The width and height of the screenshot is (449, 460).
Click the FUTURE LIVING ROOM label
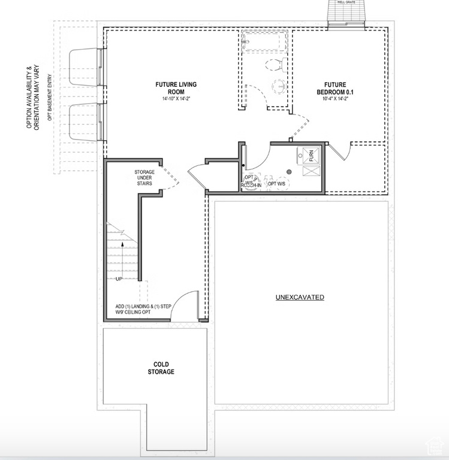tap(176, 88)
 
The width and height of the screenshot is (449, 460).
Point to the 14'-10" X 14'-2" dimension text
tap(176, 99)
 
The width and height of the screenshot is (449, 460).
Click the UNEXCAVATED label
tap(300, 297)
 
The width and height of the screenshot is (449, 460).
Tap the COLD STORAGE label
tap(161, 368)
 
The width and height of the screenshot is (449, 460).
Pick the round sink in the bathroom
tap(279, 86)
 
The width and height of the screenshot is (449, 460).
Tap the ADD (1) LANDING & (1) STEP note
tap(144, 309)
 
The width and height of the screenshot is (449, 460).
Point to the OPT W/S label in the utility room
tap(276, 184)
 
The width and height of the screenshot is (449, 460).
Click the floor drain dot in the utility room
tap(289, 172)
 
